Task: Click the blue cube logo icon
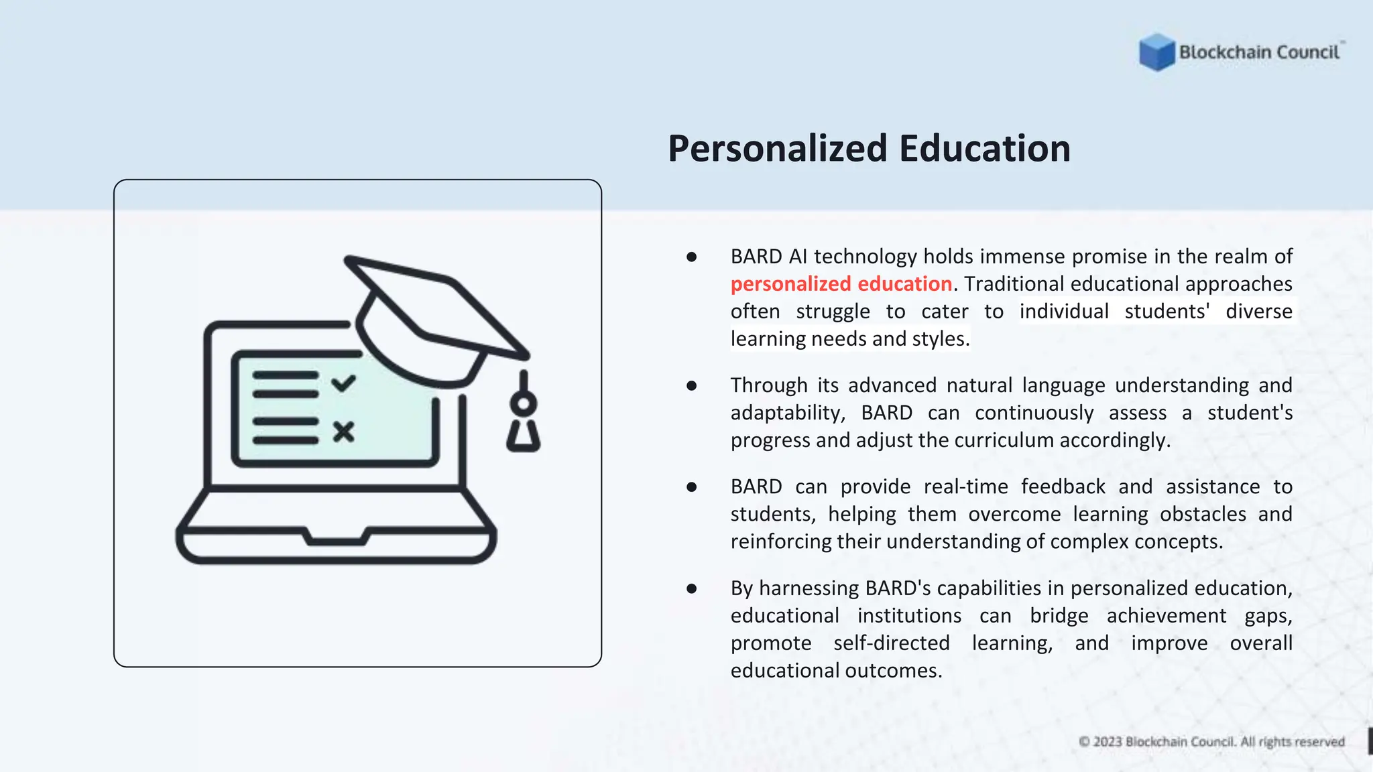1156,52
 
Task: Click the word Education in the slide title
985,148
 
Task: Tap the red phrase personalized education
841,284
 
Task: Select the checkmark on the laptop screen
343,383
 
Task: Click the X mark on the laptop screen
343,432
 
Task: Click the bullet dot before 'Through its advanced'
692,386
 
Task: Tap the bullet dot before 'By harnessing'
692,589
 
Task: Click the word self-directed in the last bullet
891,643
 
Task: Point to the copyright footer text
1211,742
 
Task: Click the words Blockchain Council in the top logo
1258,52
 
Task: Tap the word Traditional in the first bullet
1014,284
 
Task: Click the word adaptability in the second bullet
786,413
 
